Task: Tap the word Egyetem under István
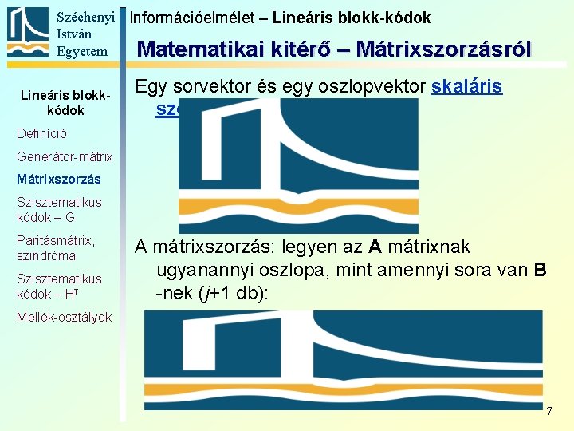[x=81, y=52]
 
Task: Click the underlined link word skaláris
[x=466, y=86]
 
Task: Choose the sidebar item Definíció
[x=41, y=133]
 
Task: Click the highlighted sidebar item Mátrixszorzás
[x=59, y=180]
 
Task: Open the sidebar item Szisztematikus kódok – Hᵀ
[x=59, y=287]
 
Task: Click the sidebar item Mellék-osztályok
[x=64, y=317]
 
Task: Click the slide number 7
[x=548, y=410]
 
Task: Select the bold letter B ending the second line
[x=540, y=270]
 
